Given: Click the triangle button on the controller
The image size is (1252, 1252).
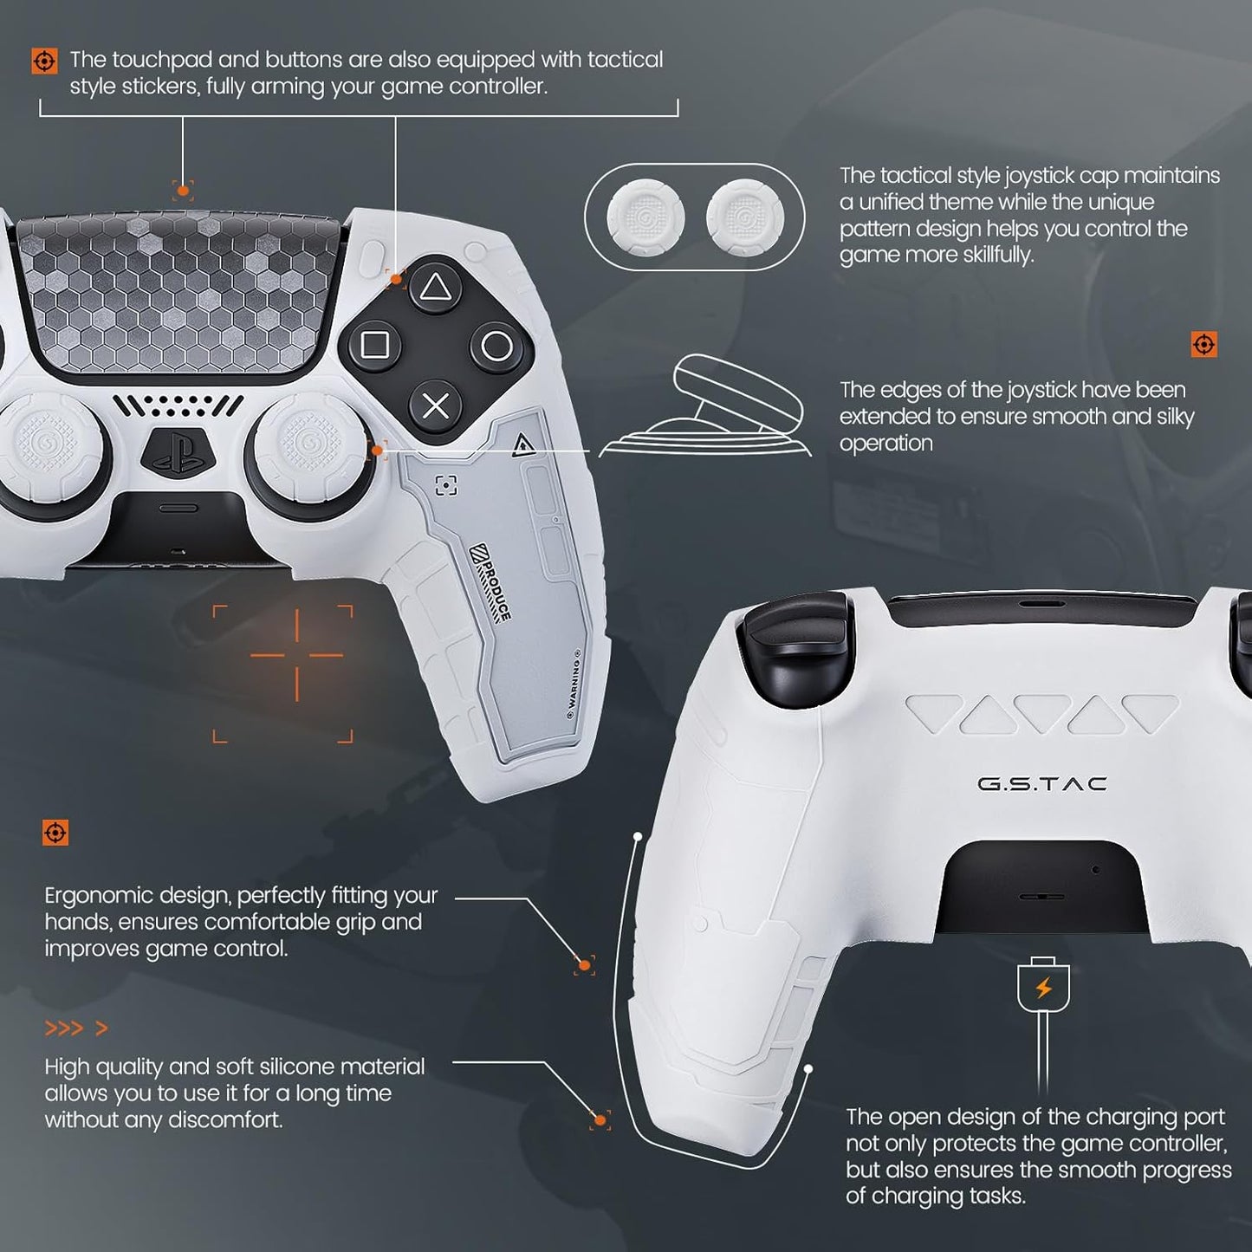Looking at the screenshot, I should pos(434,288).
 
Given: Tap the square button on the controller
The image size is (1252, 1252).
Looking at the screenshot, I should pos(374,345).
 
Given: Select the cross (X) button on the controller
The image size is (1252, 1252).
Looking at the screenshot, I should pos(435,405).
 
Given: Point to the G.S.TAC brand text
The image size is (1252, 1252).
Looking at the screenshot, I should pos(1041,784).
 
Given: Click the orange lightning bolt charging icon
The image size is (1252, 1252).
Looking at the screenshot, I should pos(1043,988).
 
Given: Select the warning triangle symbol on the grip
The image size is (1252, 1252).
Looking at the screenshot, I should pos(522,445).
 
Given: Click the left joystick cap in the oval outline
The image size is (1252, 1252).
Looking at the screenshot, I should pos(645,217).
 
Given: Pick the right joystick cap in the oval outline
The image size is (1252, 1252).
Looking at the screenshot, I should pos(745,217).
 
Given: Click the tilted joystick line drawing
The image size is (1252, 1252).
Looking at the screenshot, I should pos(719,407).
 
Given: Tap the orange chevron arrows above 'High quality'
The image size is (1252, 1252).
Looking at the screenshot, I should pos(76,1028).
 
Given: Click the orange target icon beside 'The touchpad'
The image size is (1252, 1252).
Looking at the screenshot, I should pos(44,61).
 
